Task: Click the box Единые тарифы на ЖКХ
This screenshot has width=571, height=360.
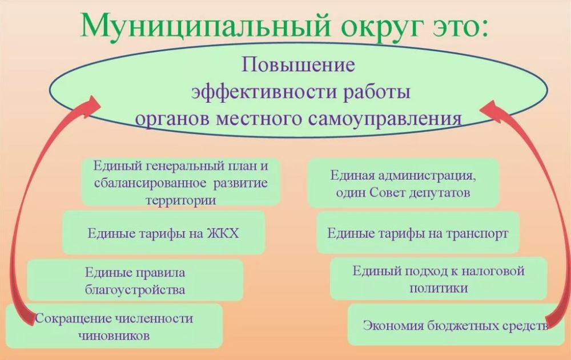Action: click(x=163, y=233)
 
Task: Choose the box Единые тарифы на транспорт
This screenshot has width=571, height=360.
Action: click(x=417, y=233)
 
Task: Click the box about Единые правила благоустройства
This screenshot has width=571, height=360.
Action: click(x=135, y=280)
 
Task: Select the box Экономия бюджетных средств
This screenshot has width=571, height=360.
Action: click(x=455, y=325)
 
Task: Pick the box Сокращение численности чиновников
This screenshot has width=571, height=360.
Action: click(x=114, y=326)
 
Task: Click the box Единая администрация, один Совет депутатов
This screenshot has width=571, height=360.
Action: click(x=403, y=183)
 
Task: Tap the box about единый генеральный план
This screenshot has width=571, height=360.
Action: click(x=180, y=182)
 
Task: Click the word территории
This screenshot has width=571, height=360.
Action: click(x=180, y=200)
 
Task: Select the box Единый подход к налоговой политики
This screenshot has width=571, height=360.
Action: click(x=438, y=278)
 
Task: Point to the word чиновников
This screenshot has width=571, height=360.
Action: click(x=114, y=335)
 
